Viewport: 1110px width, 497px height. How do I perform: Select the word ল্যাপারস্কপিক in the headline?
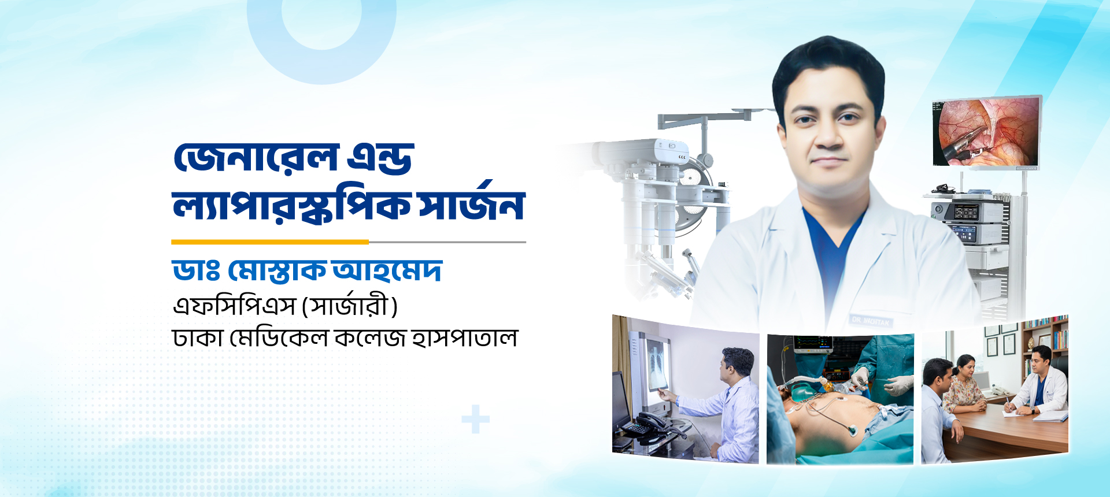292,206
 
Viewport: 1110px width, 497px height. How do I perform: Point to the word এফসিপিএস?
235,306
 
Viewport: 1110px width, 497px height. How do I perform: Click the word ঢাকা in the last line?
198,337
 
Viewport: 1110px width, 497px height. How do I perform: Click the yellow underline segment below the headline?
270,242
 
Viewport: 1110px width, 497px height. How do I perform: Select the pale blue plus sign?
475,420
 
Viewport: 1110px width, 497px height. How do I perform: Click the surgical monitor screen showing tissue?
987,132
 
